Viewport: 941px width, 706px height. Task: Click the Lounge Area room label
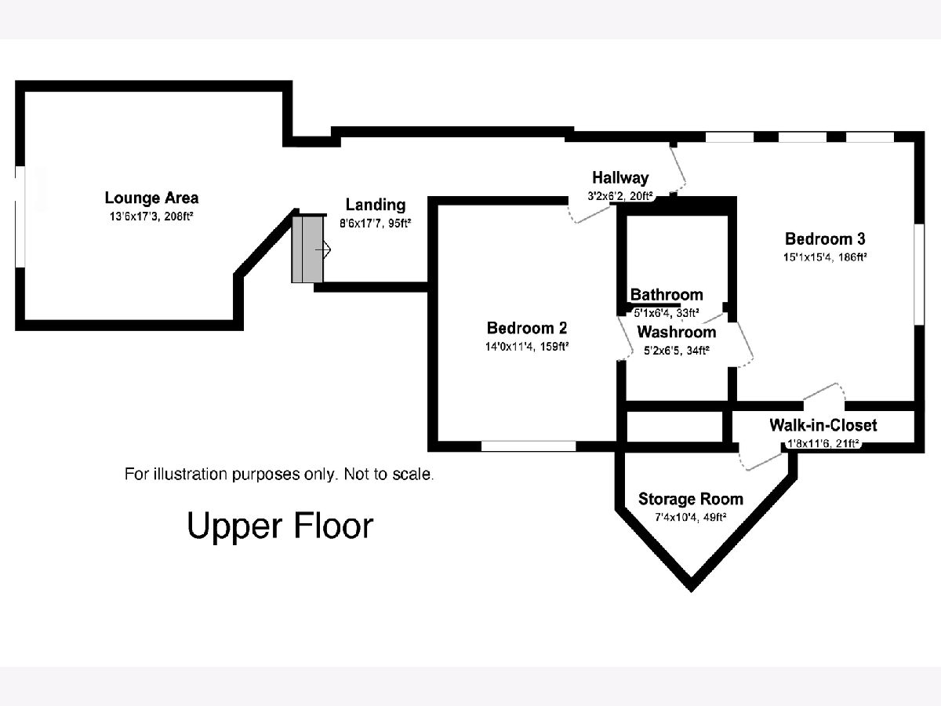point(151,198)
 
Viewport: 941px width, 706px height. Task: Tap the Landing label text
point(376,205)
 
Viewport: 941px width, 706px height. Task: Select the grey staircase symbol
point(307,249)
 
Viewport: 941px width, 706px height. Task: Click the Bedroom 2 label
point(526,328)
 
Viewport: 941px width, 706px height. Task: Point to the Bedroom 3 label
point(824,238)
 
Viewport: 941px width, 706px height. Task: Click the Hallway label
point(620,177)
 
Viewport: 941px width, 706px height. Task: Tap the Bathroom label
point(667,295)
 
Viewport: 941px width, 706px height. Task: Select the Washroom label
point(676,332)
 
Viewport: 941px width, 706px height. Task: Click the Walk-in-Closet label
point(823,425)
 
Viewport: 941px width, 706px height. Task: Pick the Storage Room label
point(690,499)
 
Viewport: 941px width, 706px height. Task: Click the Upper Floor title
point(280,526)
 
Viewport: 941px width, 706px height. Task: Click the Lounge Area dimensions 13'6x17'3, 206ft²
point(151,215)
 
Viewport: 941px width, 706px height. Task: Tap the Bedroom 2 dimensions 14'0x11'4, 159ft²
point(526,345)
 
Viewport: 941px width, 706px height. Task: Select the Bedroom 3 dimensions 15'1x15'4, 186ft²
point(824,257)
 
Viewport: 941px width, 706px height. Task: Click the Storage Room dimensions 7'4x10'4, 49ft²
point(690,517)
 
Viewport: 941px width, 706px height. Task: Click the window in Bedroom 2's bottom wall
point(528,446)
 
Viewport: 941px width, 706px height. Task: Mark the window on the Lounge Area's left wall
point(21,217)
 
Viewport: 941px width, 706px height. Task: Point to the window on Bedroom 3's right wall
point(917,274)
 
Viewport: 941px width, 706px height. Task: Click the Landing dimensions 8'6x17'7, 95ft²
point(376,223)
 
